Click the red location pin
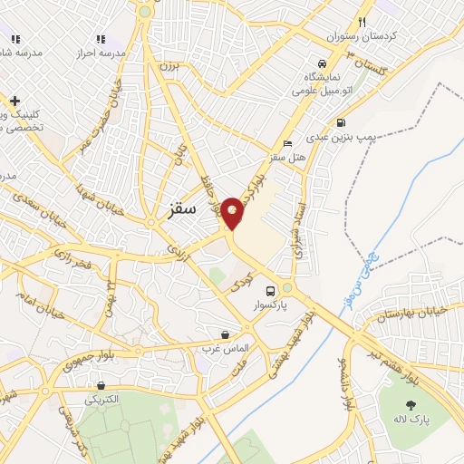click(x=232, y=212)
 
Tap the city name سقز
click(x=182, y=208)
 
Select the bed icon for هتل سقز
click(x=288, y=144)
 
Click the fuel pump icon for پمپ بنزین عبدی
click(x=340, y=122)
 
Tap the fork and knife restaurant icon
click(x=362, y=22)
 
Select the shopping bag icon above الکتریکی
click(x=101, y=384)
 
